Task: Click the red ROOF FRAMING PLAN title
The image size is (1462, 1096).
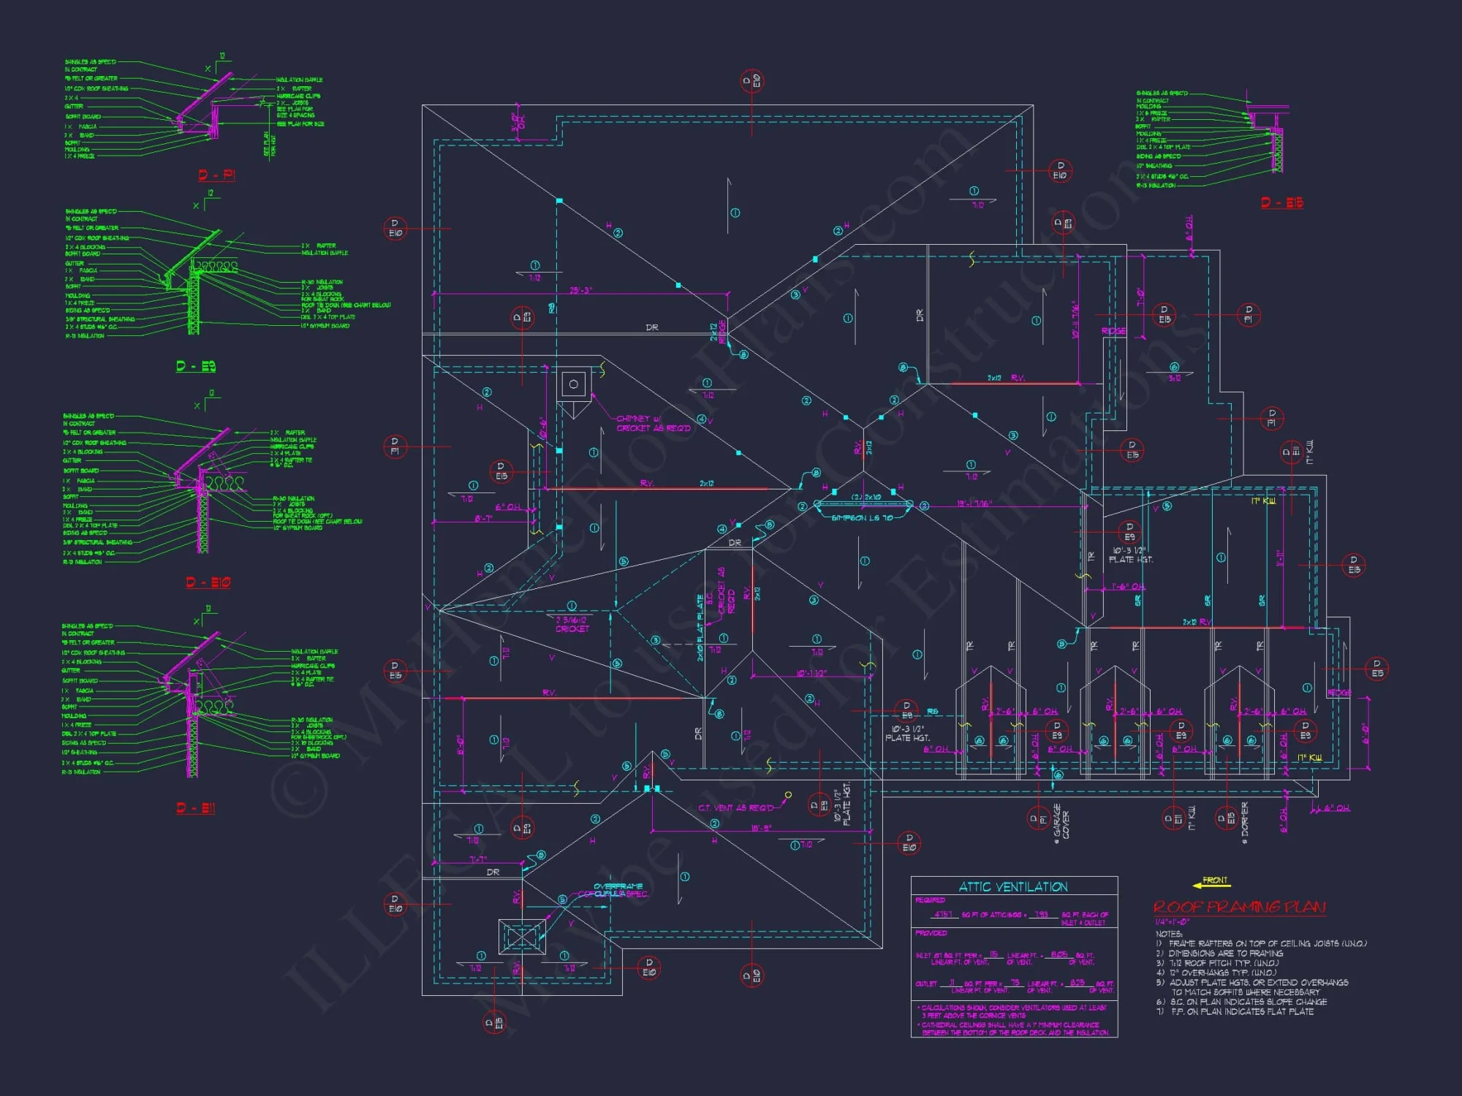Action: (x=1239, y=907)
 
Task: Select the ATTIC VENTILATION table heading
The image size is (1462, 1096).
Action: (x=1013, y=887)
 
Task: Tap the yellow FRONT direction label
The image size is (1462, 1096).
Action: (x=1215, y=880)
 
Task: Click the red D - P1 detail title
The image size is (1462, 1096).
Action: (x=216, y=175)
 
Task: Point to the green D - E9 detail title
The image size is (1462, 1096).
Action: (x=196, y=366)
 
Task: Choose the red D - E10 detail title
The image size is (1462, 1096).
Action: (x=208, y=582)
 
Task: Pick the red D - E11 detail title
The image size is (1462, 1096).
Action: (x=196, y=808)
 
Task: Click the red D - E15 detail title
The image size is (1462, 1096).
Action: (x=1282, y=202)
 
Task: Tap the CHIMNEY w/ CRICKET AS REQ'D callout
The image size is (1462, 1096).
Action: (x=653, y=423)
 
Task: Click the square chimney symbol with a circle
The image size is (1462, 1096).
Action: (x=574, y=384)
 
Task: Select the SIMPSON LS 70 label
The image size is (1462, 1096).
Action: (x=862, y=518)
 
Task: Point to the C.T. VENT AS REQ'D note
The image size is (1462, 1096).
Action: (x=735, y=808)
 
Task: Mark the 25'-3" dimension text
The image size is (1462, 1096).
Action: (x=580, y=290)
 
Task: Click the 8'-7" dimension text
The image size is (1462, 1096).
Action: (x=483, y=518)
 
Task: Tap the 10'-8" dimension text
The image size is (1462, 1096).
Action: (x=761, y=828)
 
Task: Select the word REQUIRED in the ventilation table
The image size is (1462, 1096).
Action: (x=930, y=900)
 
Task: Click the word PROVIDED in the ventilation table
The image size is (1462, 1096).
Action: (x=931, y=933)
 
